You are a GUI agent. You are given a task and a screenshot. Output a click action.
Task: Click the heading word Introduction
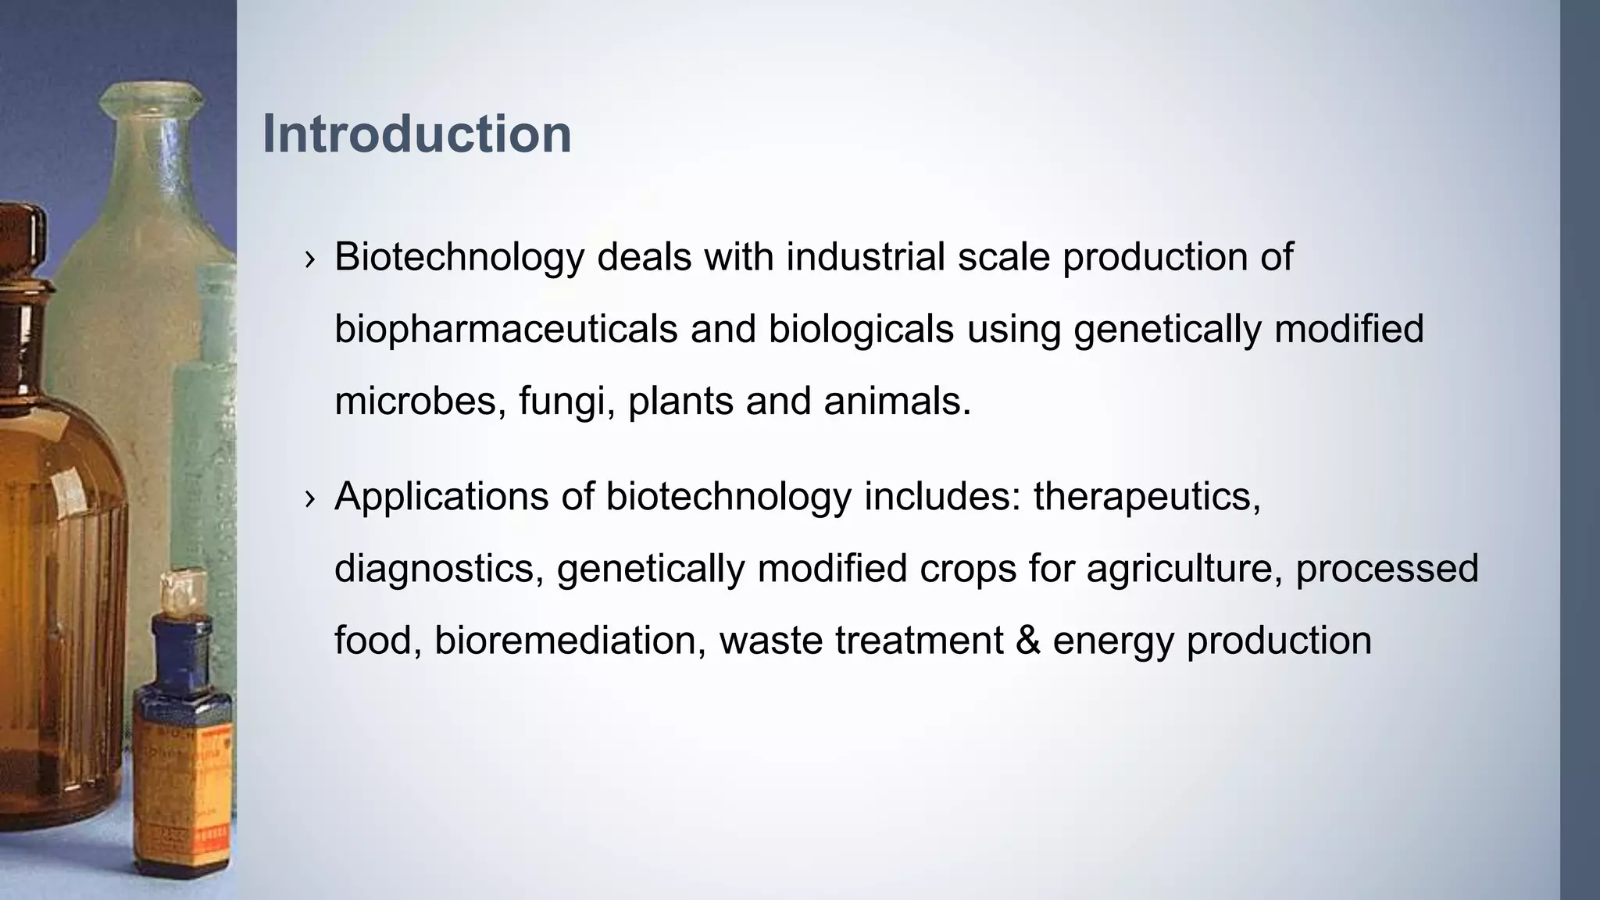[x=416, y=134]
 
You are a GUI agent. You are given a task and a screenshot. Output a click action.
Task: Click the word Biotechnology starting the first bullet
[x=459, y=257]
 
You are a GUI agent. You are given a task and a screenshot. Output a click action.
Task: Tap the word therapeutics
[x=1146, y=497]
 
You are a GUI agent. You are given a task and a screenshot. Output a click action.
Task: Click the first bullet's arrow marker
[x=310, y=259]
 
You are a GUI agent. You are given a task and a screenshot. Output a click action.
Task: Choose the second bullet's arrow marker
[x=310, y=498]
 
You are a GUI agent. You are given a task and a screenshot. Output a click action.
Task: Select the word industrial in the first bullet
[x=865, y=257]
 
